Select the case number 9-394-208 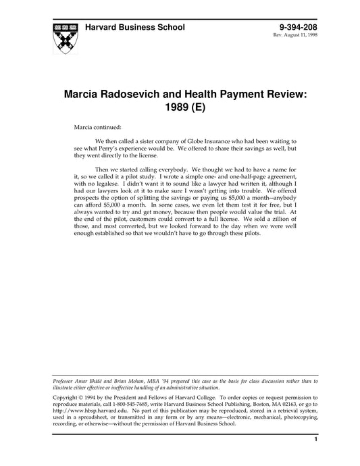[x=297, y=28]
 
